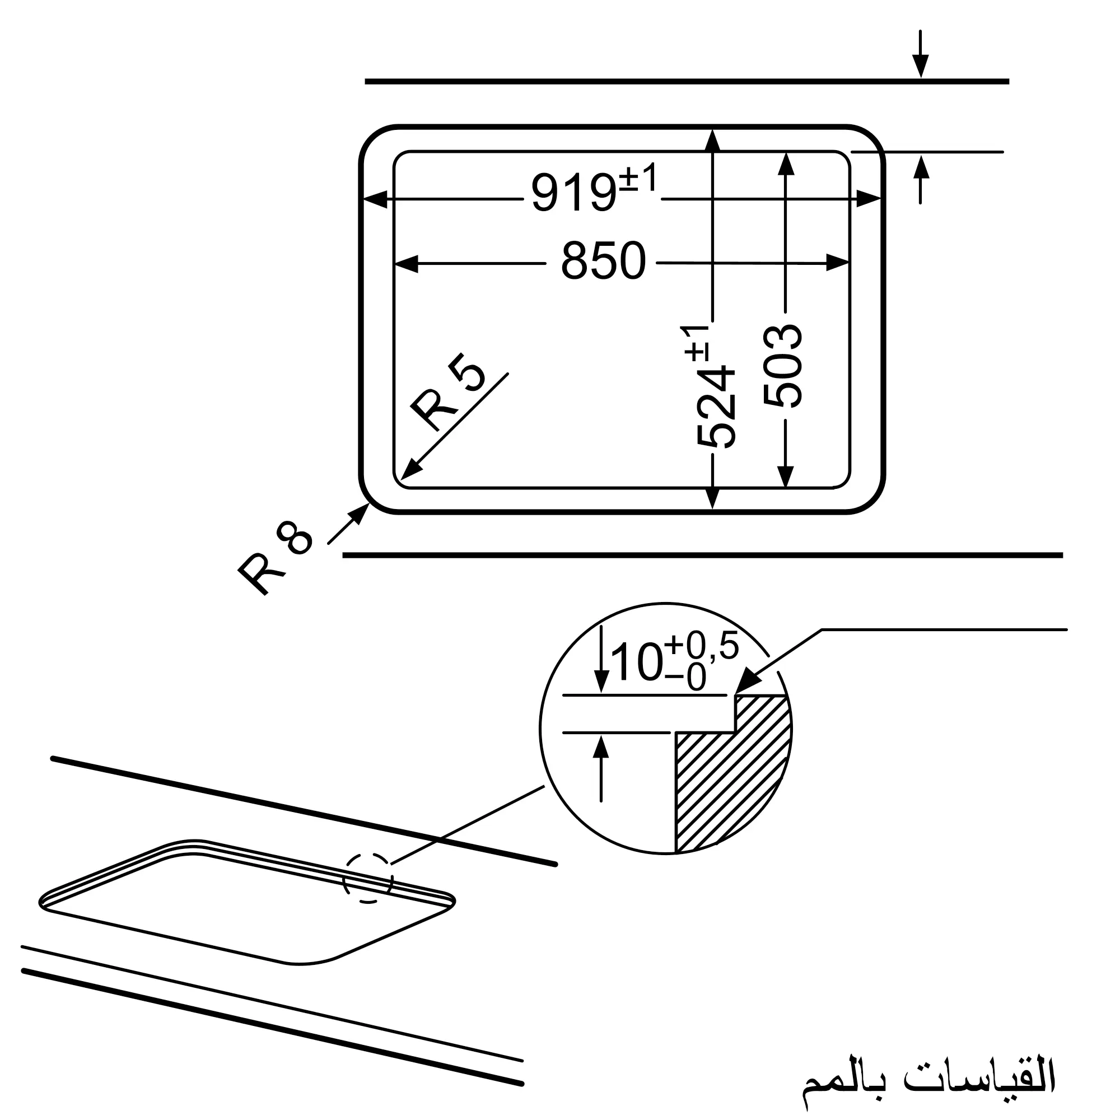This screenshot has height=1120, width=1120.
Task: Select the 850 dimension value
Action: coord(603,262)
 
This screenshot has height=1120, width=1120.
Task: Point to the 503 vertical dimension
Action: coord(783,366)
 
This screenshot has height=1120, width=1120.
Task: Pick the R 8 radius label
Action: coord(275,557)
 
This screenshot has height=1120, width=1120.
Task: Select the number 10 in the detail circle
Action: coord(636,662)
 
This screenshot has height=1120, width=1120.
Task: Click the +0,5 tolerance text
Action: coord(702,646)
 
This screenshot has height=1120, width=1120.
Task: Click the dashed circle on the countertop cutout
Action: coord(367,878)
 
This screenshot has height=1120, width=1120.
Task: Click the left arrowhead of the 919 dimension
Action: coord(375,199)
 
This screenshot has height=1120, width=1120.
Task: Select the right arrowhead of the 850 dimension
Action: coord(838,263)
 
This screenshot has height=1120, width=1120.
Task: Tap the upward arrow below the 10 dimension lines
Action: coord(601,748)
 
